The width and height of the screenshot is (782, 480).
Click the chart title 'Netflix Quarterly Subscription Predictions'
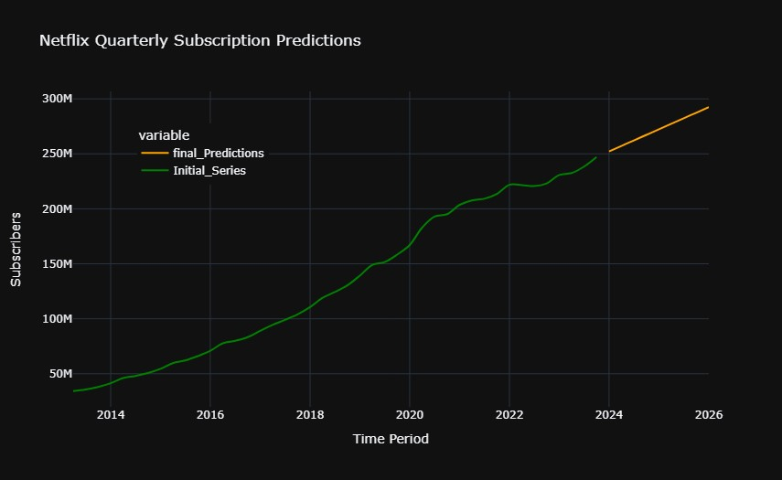pyautogui.click(x=200, y=41)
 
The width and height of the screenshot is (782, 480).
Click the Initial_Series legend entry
pyautogui.click(x=209, y=171)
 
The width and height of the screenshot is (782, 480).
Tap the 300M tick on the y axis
pyautogui.click(x=57, y=99)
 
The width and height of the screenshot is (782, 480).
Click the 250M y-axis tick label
pyautogui.click(x=57, y=154)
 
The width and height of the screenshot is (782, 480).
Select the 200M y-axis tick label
pyautogui.click(x=57, y=208)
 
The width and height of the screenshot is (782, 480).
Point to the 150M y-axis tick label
pyautogui.click(x=57, y=264)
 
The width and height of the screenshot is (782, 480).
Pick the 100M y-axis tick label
pyautogui.click(x=57, y=319)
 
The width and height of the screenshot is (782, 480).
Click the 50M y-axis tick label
pyautogui.click(x=59, y=374)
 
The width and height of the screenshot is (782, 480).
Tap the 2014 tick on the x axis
pyautogui.click(x=111, y=414)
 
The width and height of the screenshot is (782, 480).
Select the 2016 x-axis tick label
pyautogui.click(x=210, y=414)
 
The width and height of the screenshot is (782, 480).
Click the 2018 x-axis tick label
pyautogui.click(x=310, y=414)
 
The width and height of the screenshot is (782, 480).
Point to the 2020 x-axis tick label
pyautogui.click(x=410, y=414)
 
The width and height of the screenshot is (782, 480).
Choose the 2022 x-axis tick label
pyautogui.click(x=509, y=414)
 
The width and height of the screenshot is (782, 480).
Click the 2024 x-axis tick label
pyautogui.click(x=609, y=414)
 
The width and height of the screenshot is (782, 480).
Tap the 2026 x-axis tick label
pyautogui.click(x=709, y=414)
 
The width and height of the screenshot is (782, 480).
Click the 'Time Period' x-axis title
pyautogui.click(x=391, y=439)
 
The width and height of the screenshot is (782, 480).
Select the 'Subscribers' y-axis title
pyautogui.click(x=16, y=249)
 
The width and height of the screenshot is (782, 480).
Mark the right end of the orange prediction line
pyautogui.click(x=708, y=107)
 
